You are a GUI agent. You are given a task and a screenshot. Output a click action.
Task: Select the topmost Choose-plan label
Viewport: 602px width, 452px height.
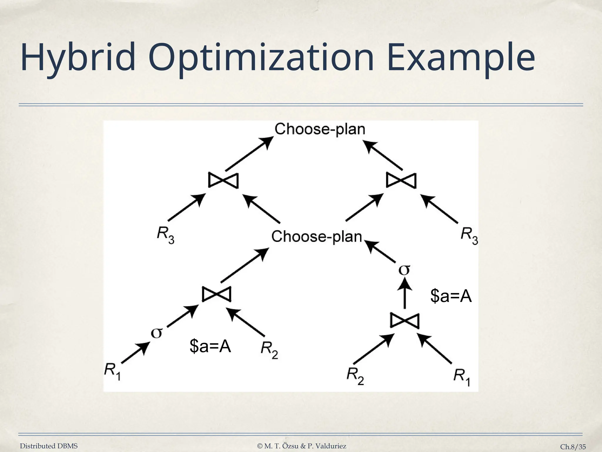[320, 129]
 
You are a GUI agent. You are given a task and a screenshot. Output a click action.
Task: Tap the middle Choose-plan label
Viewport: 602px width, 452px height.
[316, 236]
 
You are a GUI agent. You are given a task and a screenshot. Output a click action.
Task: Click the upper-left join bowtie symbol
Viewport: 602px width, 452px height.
[223, 180]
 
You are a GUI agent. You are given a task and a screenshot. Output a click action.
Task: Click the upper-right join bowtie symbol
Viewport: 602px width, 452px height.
[401, 180]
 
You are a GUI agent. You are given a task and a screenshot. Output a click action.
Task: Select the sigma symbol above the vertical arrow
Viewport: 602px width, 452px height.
[404, 270]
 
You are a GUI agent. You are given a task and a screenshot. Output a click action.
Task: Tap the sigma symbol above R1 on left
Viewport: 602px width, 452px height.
[156, 333]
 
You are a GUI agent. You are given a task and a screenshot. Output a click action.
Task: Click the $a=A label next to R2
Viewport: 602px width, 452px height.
[210, 346]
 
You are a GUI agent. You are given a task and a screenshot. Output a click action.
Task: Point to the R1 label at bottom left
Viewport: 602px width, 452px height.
[113, 371]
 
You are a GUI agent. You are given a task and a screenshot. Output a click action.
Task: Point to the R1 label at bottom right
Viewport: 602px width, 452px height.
[462, 377]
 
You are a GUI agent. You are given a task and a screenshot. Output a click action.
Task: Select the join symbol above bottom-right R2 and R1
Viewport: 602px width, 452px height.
[405, 321]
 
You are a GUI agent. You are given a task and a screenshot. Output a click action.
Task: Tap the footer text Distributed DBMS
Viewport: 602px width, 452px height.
[49, 446]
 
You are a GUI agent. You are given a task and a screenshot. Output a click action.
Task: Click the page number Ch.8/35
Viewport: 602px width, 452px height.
[573, 447]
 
